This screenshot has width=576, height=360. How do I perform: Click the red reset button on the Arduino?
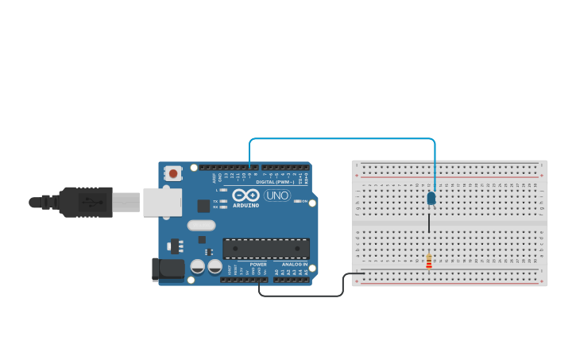tap(173, 173)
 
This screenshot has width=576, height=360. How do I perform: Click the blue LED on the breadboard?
tap(431, 198)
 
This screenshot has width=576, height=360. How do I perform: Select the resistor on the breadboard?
tap(429, 261)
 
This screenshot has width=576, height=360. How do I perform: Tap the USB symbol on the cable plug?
tap(94, 203)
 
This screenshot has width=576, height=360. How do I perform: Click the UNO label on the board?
tap(277, 195)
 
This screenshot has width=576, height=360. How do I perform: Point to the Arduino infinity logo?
tap(246, 195)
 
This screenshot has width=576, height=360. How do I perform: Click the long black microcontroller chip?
tap(265, 248)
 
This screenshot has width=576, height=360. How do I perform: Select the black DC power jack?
tap(168, 269)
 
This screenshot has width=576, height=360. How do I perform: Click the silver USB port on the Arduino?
tap(162, 203)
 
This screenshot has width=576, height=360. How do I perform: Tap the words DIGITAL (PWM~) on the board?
tap(274, 182)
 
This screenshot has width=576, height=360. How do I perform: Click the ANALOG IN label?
tap(294, 265)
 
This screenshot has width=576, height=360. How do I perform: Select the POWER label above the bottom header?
tap(258, 265)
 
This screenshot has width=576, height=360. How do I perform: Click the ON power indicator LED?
tap(297, 201)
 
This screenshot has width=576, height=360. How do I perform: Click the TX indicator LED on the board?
tap(223, 201)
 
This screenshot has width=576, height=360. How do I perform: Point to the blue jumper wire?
tap(342, 139)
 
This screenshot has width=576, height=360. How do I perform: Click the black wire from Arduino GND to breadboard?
tap(302, 296)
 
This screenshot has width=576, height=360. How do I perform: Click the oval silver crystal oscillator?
tap(201, 225)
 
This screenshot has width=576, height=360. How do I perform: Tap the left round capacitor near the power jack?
tap(197, 266)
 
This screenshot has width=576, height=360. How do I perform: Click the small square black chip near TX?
tap(203, 206)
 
